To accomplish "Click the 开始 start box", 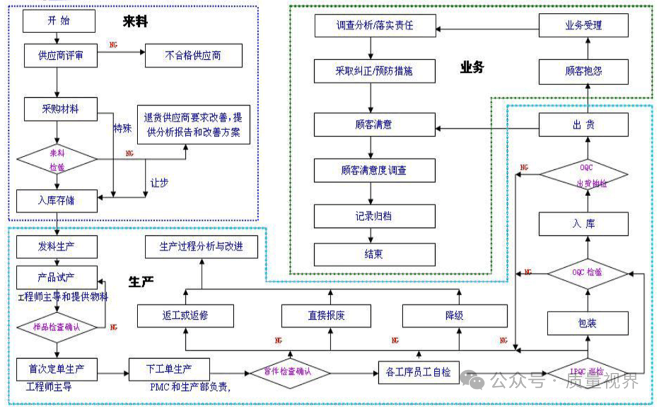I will [59, 21].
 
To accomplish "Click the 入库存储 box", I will [57, 200].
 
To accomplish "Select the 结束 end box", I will [374, 254].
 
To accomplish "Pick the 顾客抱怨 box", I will [583, 70].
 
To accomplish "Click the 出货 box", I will [583, 125].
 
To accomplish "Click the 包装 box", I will [583, 322].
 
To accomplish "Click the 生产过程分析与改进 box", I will [201, 247].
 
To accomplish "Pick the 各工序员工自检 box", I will [419, 371].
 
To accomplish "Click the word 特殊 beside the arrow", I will [123, 129].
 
